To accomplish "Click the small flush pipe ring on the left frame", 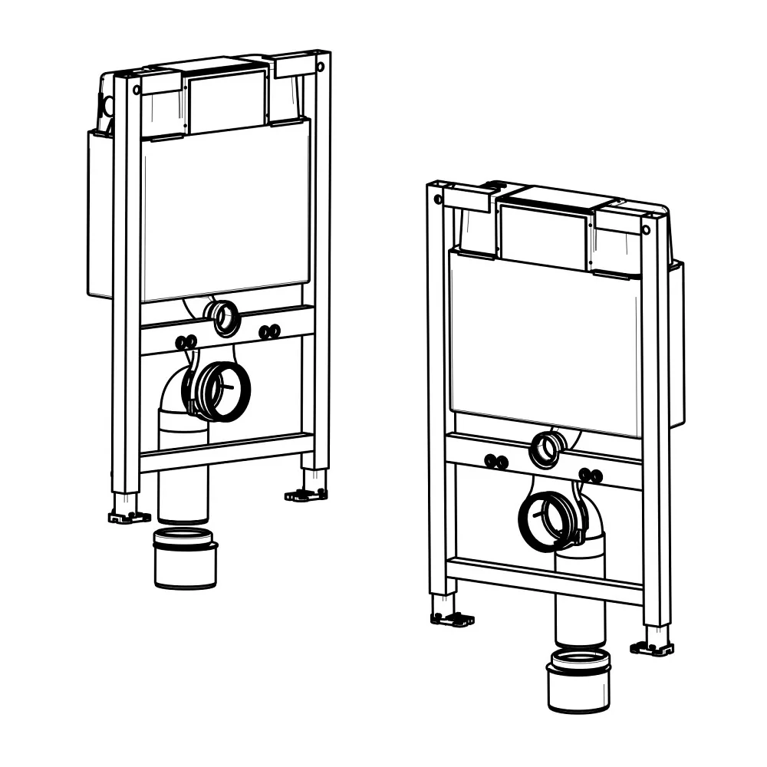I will [225, 318].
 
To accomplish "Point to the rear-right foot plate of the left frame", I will [307, 495].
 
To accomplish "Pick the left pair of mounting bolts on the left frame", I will [186, 342].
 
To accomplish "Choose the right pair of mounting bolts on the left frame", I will [269, 331].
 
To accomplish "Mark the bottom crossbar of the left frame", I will [226, 453].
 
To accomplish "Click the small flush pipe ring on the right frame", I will [546, 449].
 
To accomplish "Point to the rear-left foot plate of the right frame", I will [452, 618].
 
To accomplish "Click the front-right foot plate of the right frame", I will [652, 648].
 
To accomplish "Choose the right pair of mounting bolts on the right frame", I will [591, 476].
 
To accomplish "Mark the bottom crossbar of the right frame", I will [545, 581].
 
